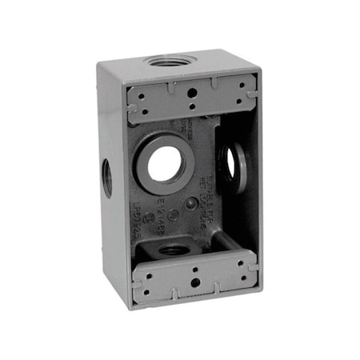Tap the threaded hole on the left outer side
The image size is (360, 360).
click(106, 171)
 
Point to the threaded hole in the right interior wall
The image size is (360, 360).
click(230, 163)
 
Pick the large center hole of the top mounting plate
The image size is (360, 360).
click(192, 91)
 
